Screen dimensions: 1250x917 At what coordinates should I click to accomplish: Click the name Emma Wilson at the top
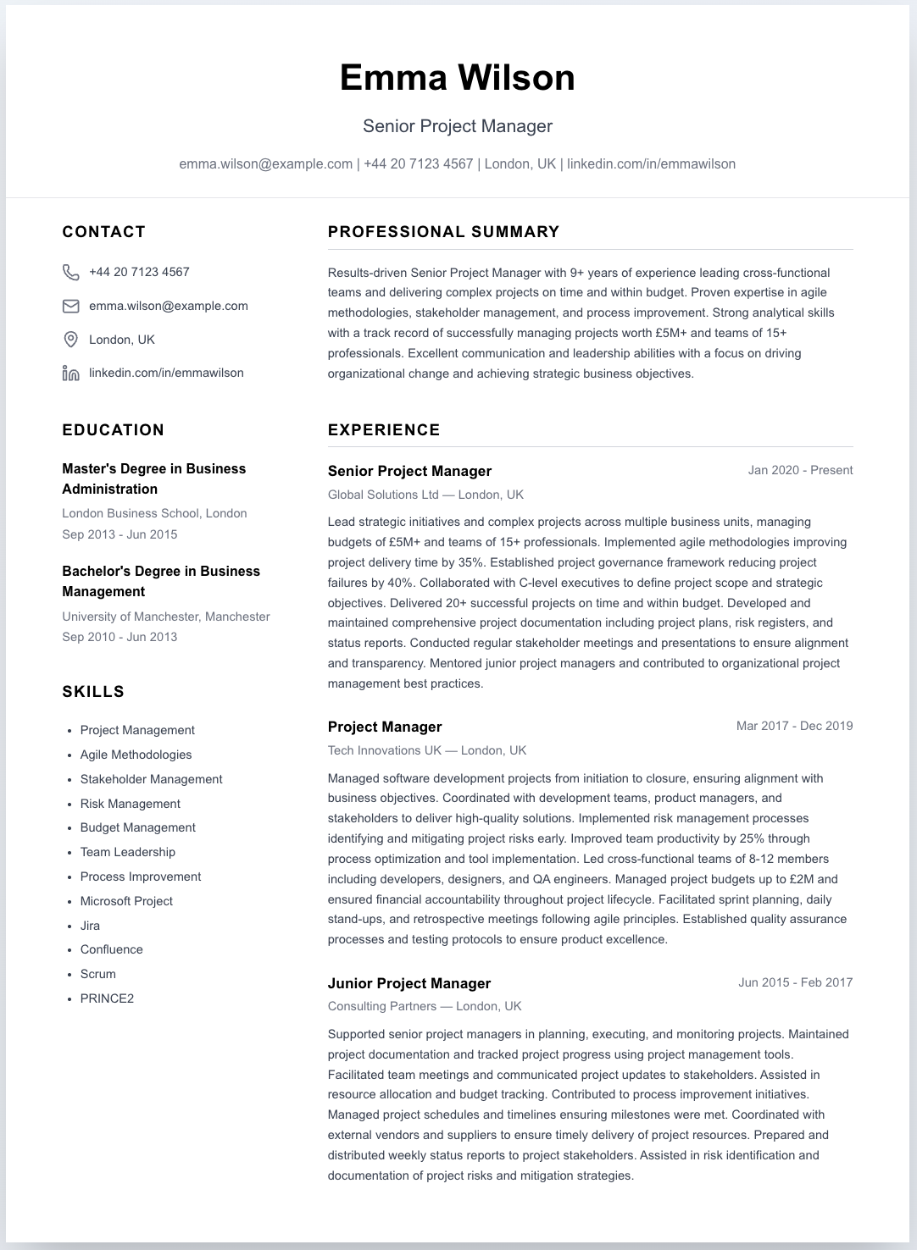click(458, 78)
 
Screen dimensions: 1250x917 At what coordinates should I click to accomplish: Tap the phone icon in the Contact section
click(71, 272)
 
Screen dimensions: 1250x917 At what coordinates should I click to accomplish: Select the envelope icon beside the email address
click(71, 306)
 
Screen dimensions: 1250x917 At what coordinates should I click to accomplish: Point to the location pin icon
click(71, 340)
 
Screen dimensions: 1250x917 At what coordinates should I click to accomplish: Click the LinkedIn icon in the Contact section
click(71, 373)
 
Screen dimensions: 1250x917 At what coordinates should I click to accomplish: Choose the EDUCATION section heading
click(114, 430)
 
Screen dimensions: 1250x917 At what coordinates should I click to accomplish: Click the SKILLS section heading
click(93, 692)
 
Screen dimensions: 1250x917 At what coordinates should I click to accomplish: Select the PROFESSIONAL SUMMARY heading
click(444, 232)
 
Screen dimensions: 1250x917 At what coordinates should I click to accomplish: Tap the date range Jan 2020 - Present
click(800, 470)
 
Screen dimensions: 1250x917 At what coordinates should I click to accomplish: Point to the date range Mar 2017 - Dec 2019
click(794, 726)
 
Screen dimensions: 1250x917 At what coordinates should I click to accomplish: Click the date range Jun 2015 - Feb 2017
click(795, 982)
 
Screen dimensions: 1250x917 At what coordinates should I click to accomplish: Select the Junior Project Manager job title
click(409, 983)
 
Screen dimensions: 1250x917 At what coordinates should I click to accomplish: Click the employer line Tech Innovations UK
click(427, 750)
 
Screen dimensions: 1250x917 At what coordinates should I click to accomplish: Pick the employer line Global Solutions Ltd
click(425, 495)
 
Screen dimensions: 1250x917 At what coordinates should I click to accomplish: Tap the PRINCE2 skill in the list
click(107, 998)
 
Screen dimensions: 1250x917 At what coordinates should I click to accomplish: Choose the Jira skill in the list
click(90, 926)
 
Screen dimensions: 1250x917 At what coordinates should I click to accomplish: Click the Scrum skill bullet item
click(98, 974)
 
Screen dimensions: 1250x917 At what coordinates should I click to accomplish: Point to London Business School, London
click(154, 513)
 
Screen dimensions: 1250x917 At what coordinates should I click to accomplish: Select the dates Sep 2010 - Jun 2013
click(119, 637)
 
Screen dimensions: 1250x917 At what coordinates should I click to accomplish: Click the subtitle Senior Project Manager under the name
click(458, 126)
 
